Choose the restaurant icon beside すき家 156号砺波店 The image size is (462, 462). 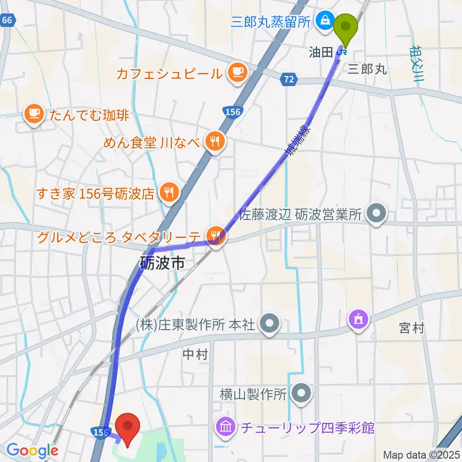coord(168,193)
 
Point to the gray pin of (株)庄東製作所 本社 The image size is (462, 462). coord(269,324)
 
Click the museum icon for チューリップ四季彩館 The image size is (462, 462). coord(224,427)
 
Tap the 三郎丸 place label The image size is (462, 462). coord(367,69)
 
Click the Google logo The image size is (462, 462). coord(33,450)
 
